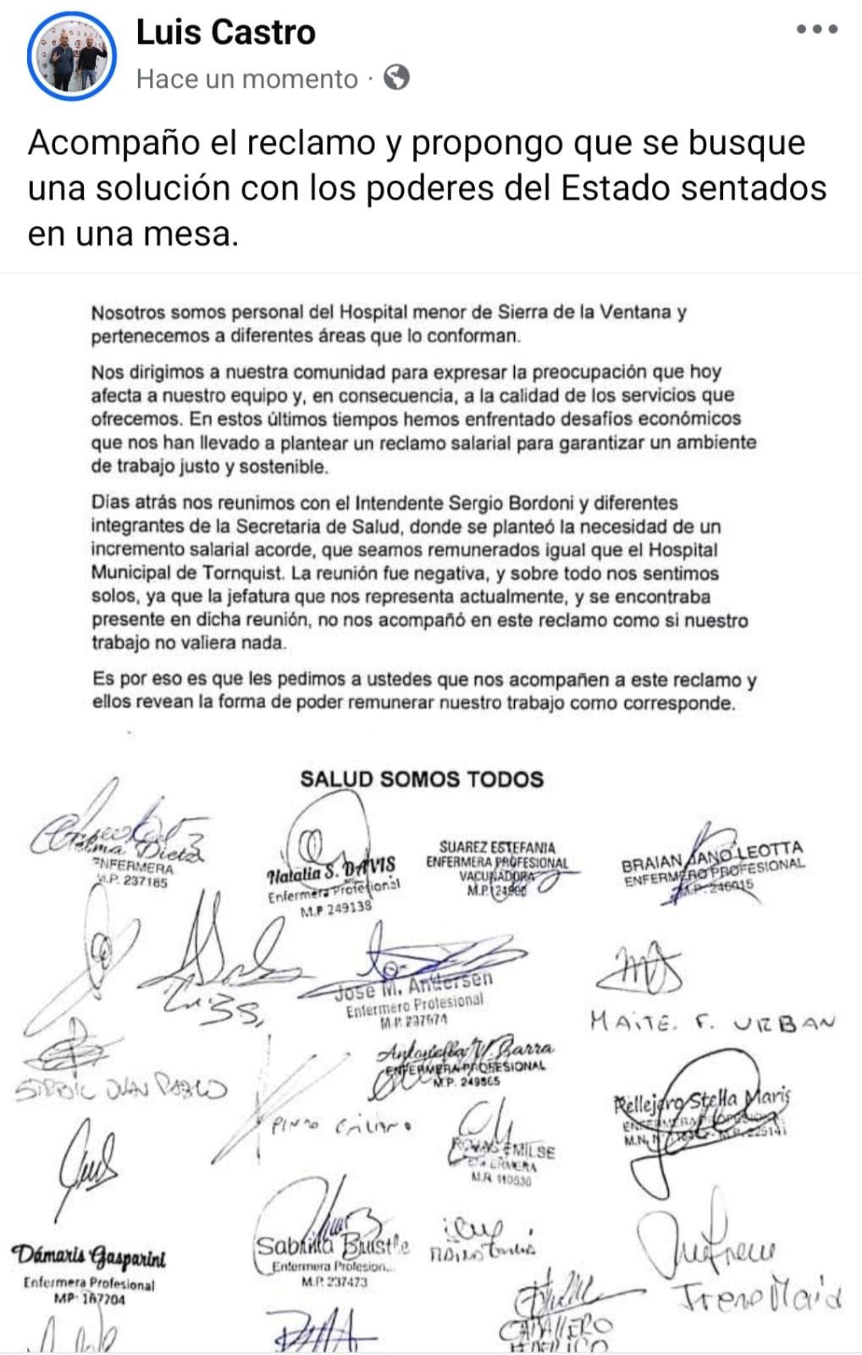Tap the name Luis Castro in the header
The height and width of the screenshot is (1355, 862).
pos(225,32)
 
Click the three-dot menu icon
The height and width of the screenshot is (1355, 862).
pos(817,30)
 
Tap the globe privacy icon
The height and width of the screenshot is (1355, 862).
pos(396,78)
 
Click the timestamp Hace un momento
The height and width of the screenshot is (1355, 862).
pos(247,79)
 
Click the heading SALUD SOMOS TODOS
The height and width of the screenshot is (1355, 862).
pos(422,779)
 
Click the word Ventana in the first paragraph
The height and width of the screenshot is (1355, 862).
pos(636,312)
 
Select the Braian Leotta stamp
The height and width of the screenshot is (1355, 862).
pos(713,865)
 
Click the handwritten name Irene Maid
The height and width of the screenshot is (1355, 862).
pos(757,1297)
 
